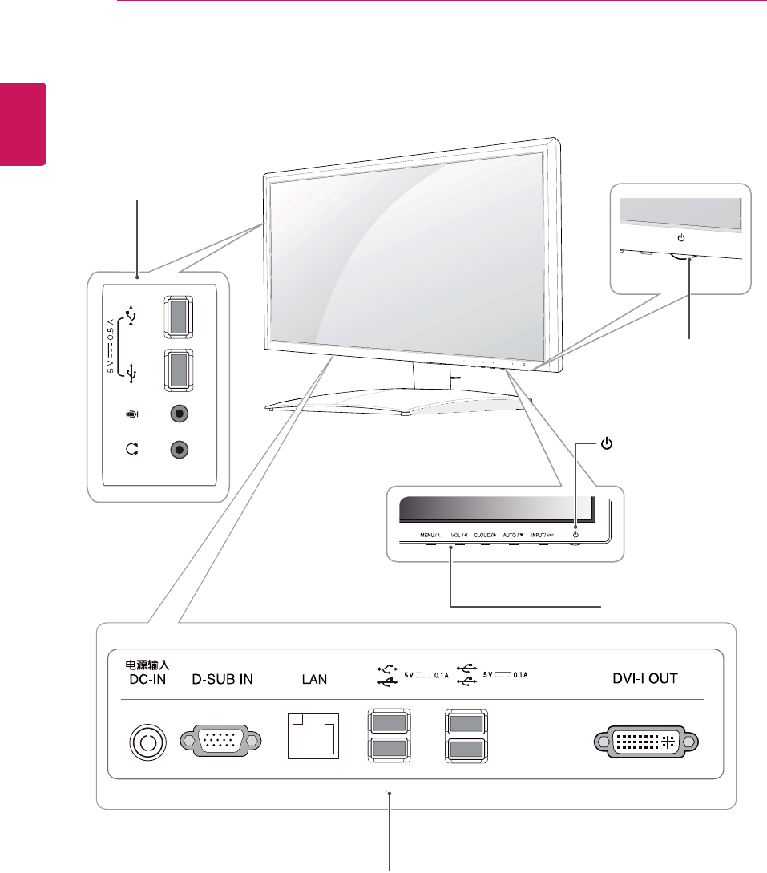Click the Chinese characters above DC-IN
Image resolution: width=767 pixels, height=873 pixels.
(146, 665)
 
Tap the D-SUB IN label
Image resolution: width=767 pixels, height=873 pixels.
(223, 679)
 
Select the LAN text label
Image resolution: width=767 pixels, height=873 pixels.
(314, 679)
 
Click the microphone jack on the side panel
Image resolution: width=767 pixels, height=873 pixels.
(180, 415)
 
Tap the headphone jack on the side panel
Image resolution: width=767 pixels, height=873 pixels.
(180, 450)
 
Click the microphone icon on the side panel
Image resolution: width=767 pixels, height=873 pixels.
(132, 415)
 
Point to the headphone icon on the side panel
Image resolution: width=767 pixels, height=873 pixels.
(132, 450)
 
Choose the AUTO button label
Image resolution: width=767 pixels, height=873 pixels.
(514, 534)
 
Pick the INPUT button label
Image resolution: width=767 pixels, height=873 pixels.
(543, 534)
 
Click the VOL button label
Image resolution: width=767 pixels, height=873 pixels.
(458, 534)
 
